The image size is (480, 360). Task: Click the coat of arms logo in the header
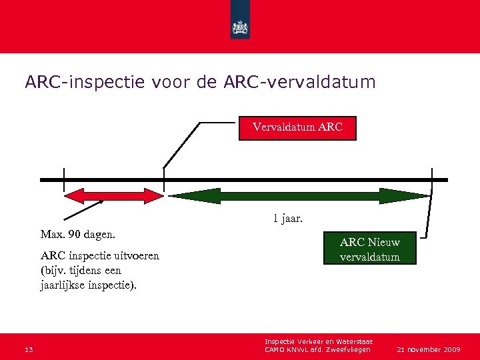click(239, 26)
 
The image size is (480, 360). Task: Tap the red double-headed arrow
click(113, 195)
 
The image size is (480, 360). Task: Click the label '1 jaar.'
click(287, 218)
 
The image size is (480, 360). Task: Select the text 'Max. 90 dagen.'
click(77, 235)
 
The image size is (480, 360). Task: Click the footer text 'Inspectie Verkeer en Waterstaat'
click(318, 341)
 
